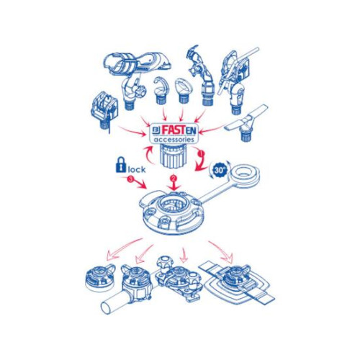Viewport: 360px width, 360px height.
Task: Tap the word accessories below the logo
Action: (174, 140)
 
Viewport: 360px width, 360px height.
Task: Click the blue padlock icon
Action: (121, 165)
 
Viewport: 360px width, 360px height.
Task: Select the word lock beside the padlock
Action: (137, 169)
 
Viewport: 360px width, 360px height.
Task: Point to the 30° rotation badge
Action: (220, 170)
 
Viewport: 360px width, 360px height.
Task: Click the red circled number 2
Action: (174, 178)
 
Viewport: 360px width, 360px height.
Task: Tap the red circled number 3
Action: (130, 179)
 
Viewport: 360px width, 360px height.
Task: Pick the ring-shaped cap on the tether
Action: (245, 174)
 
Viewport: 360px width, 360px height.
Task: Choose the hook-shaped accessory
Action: (160, 91)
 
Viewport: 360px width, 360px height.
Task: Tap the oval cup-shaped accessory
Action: (183, 91)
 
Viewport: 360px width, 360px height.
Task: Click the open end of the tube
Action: (106, 308)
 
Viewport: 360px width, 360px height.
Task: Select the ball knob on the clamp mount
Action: (163, 262)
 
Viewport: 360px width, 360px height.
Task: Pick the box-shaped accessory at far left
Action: (105, 107)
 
